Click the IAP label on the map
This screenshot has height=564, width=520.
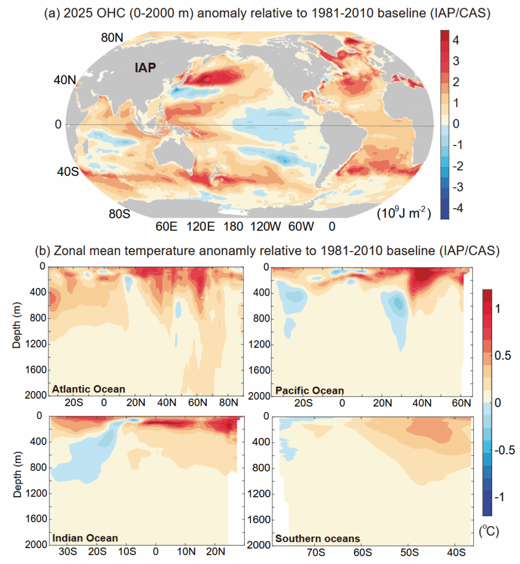coord(145,68)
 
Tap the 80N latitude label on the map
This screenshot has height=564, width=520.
coord(112,38)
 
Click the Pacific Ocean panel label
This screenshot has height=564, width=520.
coord(309,391)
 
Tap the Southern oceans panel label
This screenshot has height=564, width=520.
coord(318,538)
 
